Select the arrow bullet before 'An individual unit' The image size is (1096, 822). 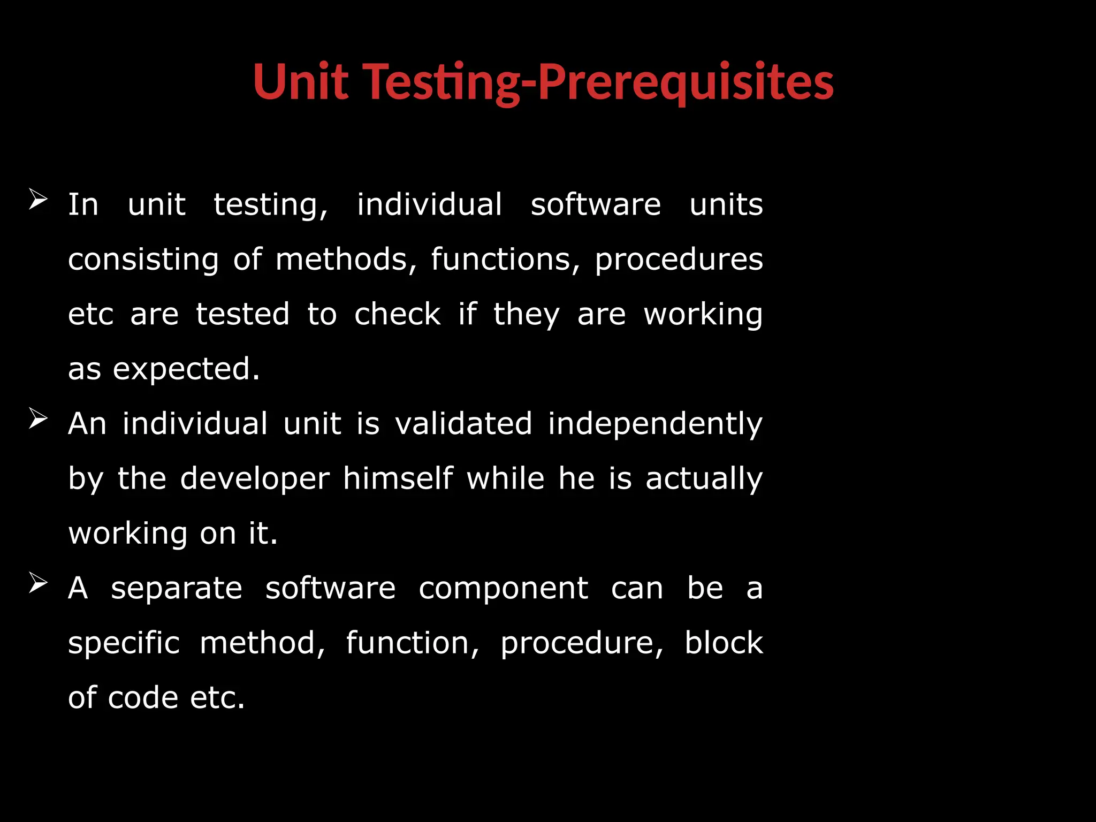[39, 418]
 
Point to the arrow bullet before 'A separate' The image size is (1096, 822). [39, 583]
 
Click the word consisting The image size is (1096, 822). [143, 260]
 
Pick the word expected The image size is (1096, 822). [186, 369]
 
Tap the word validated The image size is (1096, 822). [463, 424]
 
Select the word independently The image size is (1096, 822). [655, 425]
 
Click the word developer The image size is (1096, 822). [255, 479]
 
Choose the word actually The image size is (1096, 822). [704, 479]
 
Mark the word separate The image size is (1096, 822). [177, 589]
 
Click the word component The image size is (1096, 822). [503, 589]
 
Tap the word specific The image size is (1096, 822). [124, 644]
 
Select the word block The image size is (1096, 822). [724, 643]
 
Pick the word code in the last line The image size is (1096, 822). [143, 698]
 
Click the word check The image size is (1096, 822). [398, 314]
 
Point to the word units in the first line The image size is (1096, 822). [726, 205]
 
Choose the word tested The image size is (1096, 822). [242, 314]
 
